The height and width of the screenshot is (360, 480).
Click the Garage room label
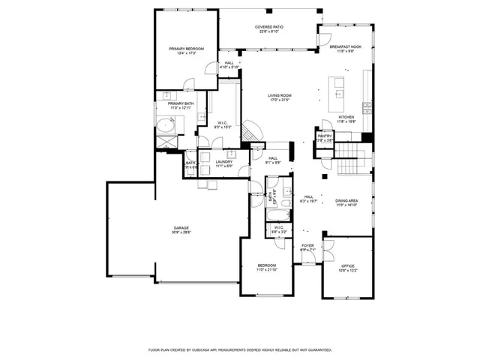tap(181, 227)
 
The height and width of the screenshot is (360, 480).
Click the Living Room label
tap(280, 95)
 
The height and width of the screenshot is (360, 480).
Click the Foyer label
tap(307, 245)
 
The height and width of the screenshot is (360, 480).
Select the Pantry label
tap(324, 136)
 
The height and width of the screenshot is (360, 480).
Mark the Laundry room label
tap(223, 161)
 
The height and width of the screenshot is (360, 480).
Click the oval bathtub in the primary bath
tap(164, 125)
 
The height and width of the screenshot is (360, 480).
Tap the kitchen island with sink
tap(338, 94)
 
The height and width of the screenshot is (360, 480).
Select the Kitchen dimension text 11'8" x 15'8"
tap(346, 122)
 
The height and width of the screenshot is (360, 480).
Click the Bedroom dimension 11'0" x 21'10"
tap(267, 270)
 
